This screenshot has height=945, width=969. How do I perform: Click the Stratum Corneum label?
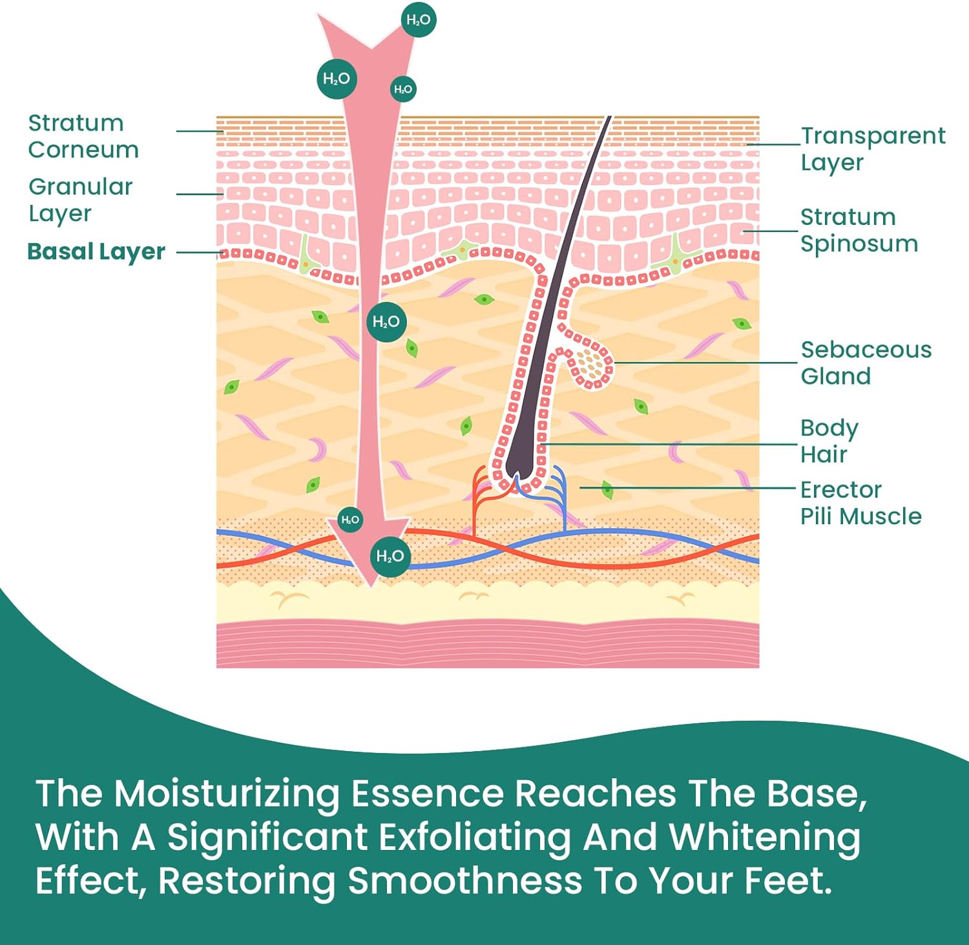pos(83,136)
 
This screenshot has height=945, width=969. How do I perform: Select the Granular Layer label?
pos(80,200)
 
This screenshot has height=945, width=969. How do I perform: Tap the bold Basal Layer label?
pos(96,251)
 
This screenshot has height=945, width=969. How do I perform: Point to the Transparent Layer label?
pos(872,149)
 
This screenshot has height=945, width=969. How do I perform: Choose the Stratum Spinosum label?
pos(859,230)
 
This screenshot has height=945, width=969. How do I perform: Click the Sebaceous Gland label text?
pos(866,363)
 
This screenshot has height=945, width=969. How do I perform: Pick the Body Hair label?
pos(829,441)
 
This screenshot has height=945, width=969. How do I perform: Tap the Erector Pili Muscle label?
pos(860,503)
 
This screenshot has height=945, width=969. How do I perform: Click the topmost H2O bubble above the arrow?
pos(419,20)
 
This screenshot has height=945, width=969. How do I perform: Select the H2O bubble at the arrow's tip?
pos(390,556)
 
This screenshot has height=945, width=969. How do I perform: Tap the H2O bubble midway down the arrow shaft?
pos(386,321)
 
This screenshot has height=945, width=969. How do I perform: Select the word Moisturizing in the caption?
pos(226,793)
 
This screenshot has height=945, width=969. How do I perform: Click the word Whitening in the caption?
pos(764,837)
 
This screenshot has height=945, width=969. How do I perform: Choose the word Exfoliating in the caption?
pos(475,837)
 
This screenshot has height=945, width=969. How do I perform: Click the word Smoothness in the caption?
pos(465,880)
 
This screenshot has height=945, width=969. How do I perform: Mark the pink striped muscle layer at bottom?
pos(488,643)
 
